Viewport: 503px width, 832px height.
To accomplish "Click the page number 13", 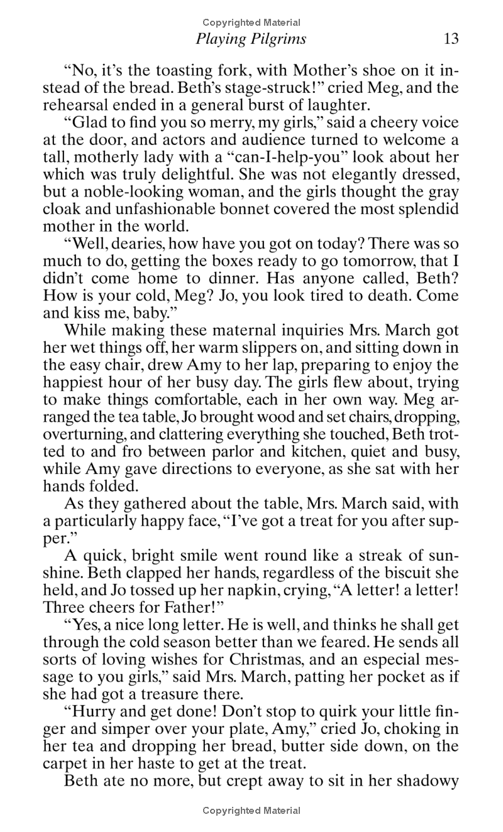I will (x=451, y=39).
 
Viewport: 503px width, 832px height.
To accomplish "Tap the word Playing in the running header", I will (x=218, y=39).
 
